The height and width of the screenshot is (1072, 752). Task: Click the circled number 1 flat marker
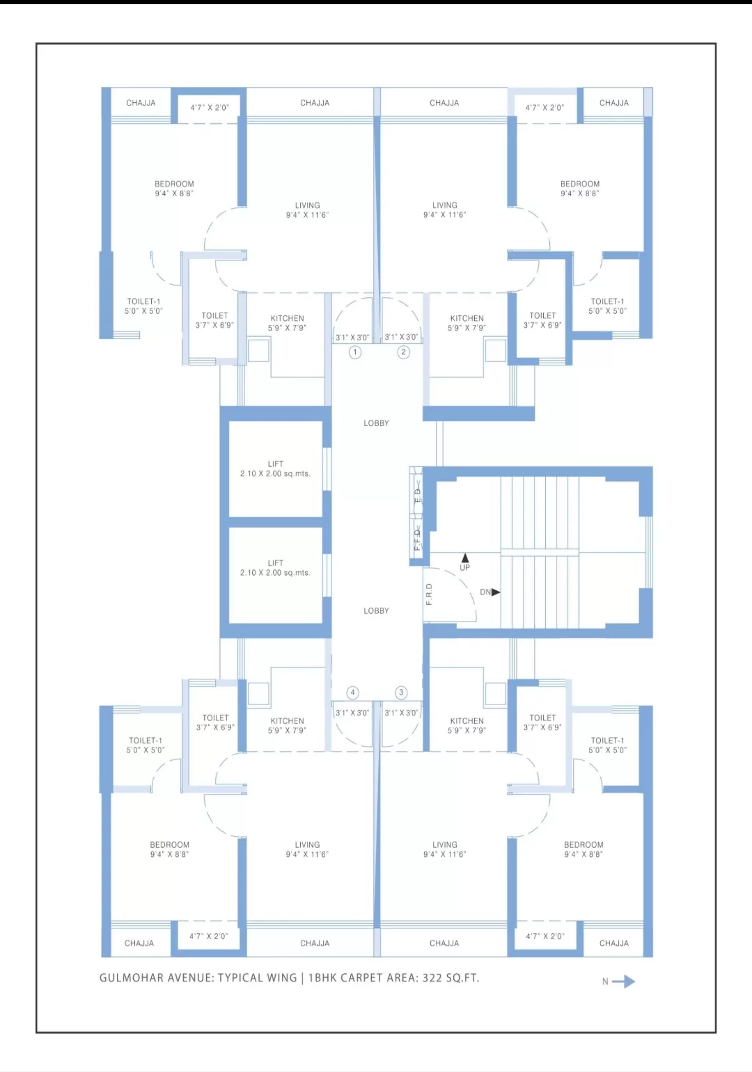(x=354, y=352)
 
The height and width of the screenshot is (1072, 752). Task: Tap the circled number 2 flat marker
(x=404, y=352)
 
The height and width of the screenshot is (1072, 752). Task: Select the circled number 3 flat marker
(x=401, y=693)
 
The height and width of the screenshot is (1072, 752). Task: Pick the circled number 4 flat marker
(x=353, y=693)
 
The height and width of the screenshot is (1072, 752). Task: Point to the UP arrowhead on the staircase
(x=465, y=558)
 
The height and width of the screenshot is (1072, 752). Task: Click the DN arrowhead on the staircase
(x=496, y=592)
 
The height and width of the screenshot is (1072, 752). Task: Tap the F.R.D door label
(x=429, y=594)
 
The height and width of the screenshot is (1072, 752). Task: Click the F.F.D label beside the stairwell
(x=417, y=539)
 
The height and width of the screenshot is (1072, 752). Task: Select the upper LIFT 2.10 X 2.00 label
(x=275, y=468)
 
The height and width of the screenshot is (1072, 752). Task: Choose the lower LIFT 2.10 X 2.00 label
(x=275, y=567)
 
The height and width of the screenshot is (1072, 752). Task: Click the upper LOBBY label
(x=376, y=423)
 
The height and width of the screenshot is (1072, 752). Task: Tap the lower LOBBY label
(x=376, y=610)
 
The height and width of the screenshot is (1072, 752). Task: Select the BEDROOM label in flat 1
(x=174, y=184)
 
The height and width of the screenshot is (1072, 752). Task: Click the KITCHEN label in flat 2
(x=467, y=318)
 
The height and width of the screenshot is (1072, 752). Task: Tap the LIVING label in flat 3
(x=445, y=844)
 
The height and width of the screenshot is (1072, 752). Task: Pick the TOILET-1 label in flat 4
(x=146, y=741)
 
